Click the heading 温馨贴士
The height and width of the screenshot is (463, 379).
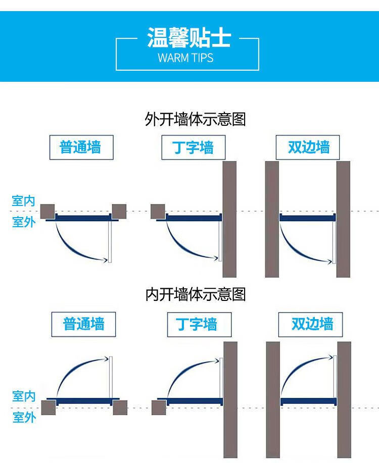pyautogui.click(x=189, y=37)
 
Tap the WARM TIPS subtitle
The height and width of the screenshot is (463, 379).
pyautogui.click(x=185, y=58)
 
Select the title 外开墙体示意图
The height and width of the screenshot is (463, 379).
pyautogui.click(x=195, y=119)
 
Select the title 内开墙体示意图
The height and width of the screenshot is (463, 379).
pyautogui.click(x=196, y=294)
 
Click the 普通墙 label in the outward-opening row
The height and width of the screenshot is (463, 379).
pyautogui.click(x=80, y=147)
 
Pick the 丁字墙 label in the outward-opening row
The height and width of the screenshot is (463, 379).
pyautogui.click(x=193, y=147)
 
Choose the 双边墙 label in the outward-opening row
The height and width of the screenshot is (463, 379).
pyautogui.click(x=309, y=147)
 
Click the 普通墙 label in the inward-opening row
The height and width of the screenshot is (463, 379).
pyautogui.click(x=84, y=324)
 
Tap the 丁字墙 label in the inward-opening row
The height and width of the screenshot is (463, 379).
pyautogui.click(x=197, y=324)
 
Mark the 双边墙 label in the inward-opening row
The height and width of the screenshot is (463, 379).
pyautogui.click(x=312, y=324)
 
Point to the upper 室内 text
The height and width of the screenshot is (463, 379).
pyautogui.click(x=23, y=201)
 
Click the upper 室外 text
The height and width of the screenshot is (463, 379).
pyautogui.click(x=24, y=222)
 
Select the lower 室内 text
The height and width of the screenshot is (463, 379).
pyautogui.click(x=24, y=396)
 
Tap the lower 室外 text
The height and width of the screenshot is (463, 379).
pyautogui.click(x=24, y=417)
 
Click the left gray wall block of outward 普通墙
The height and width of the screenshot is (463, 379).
pyautogui.click(x=48, y=212)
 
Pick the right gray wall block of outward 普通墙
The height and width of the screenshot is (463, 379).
pyautogui.click(x=119, y=212)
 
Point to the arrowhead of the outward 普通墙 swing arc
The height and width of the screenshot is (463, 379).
pyautogui.click(x=105, y=260)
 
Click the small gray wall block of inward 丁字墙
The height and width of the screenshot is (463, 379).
pyautogui.click(x=159, y=407)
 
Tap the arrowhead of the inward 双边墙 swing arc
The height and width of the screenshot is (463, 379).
pyautogui.click(x=330, y=357)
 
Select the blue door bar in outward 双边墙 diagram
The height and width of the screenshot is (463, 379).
pyautogui.click(x=307, y=218)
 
